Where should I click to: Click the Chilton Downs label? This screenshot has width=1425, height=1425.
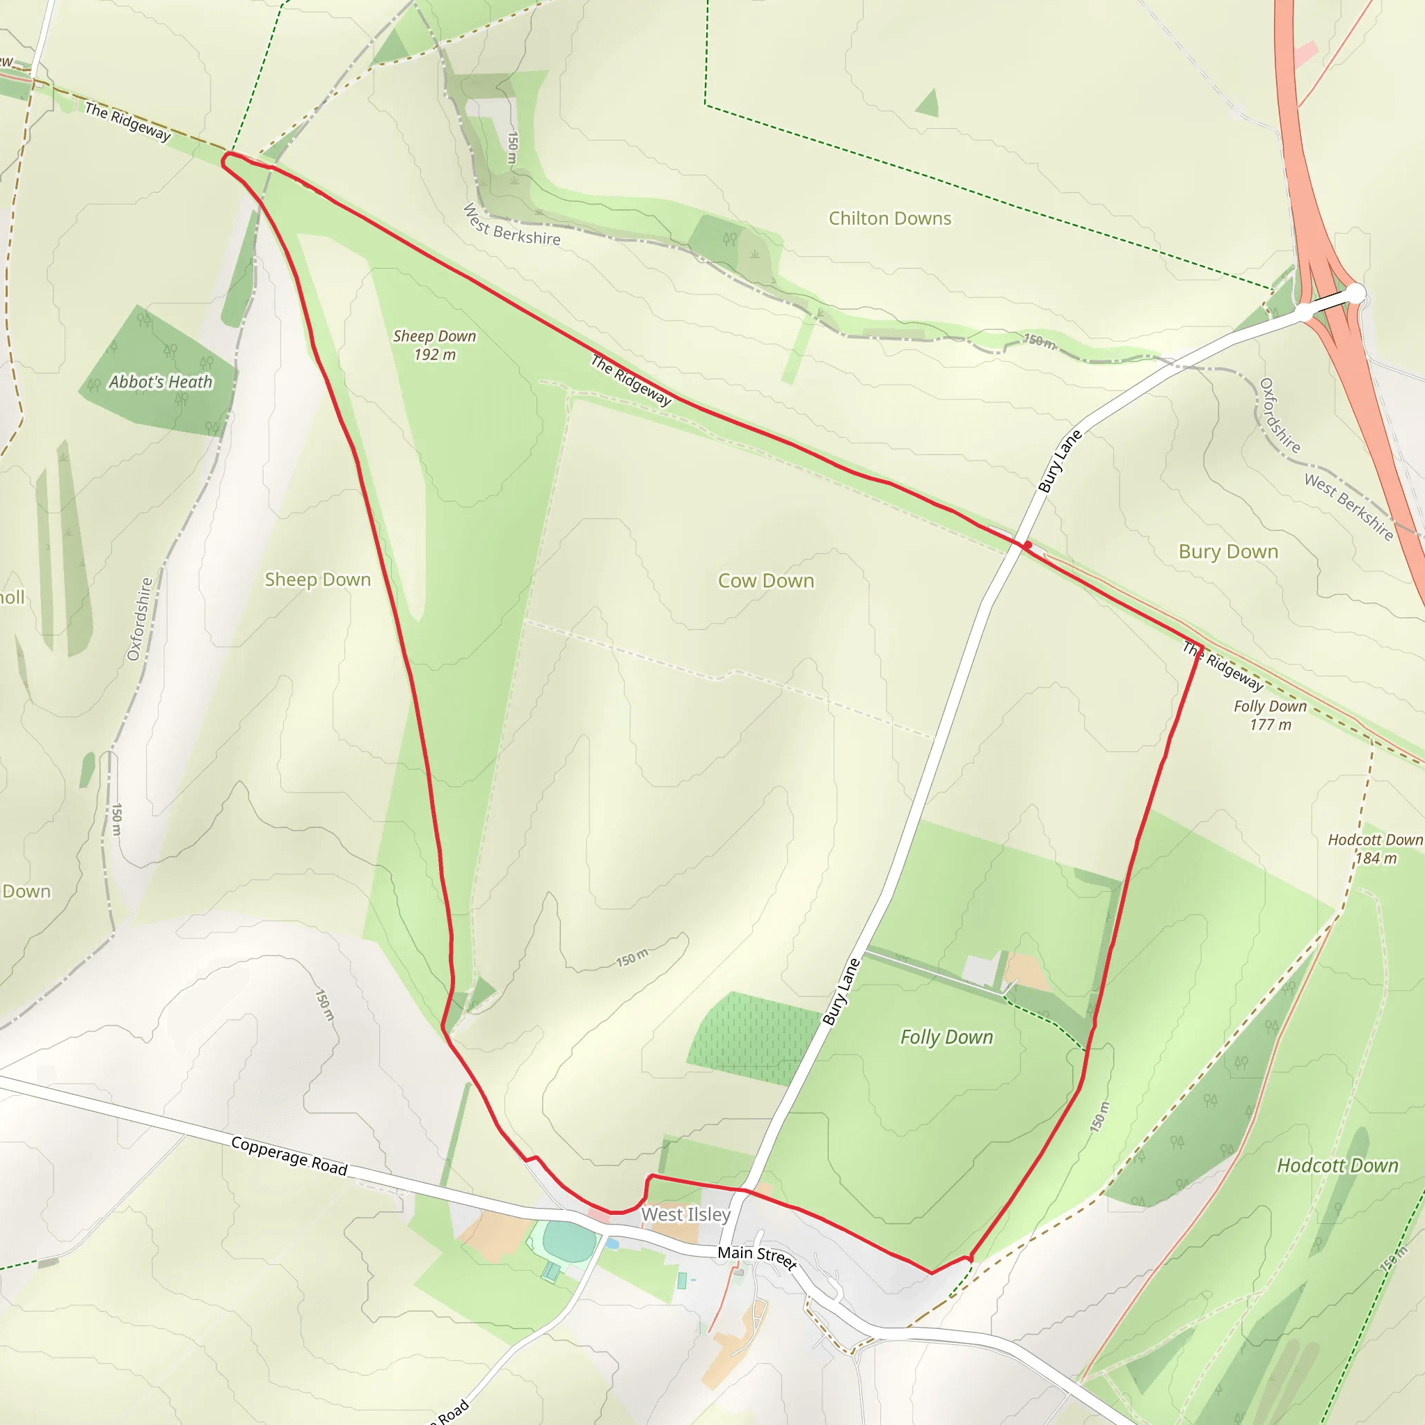tap(889, 218)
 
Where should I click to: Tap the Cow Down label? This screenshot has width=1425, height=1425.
tap(765, 580)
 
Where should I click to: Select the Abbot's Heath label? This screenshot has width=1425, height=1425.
tap(161, 382)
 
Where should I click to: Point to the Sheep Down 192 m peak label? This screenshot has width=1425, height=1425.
tap(434, 344)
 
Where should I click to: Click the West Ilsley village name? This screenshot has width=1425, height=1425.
tap(685, 1213)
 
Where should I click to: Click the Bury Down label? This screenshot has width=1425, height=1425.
tap(1228, 552)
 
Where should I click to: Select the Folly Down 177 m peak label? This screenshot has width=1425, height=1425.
tap(1270, 715)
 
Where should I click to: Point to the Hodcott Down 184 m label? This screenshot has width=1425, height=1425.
tap(1375, 848)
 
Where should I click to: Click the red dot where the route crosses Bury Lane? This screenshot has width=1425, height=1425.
tap(1028, 544)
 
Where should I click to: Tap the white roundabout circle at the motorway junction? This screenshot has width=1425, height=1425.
tap(1355, 294)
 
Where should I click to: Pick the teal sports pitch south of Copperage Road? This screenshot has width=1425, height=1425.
tap(569, 1241)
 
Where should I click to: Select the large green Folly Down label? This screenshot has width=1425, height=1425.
tap(946, 1037)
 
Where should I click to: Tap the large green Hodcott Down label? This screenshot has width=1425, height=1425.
tap(1337, 1165)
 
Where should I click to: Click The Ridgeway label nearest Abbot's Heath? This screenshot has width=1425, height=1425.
tap(127, 121)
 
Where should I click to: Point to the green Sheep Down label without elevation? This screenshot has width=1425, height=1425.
tap(318, 580)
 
